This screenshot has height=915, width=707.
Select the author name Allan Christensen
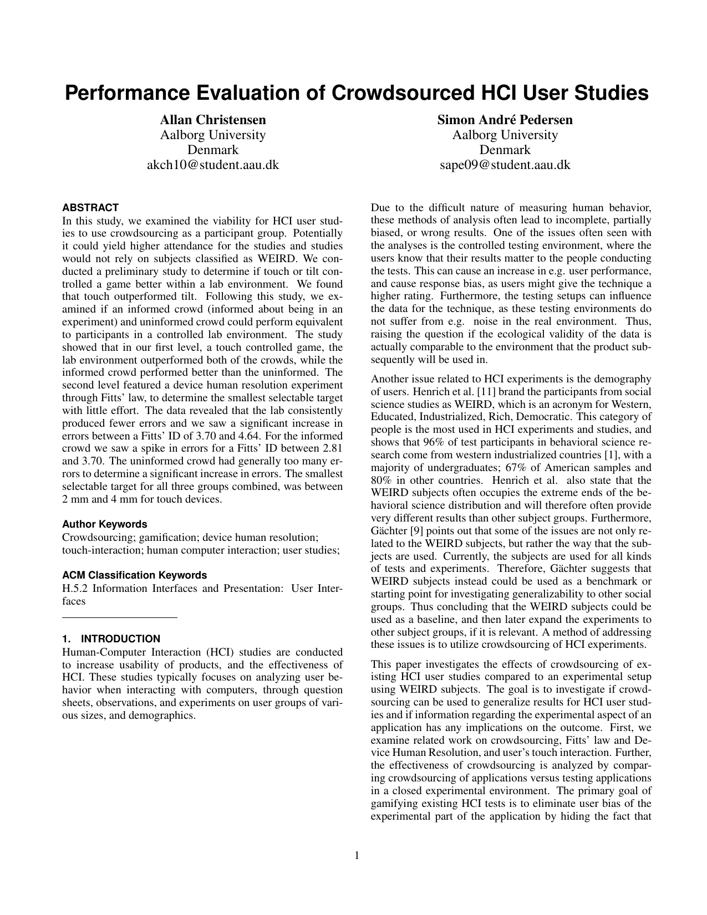(x=212, y=120)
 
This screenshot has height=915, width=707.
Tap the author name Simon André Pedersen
(x=505, y=120)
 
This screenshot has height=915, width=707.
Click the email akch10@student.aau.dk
(x=212, y=165)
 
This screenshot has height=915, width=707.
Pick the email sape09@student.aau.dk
(x=505, y=165)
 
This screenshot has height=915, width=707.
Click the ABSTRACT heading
(x=90, y=208)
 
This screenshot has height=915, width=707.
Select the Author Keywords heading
(x=105, y=524)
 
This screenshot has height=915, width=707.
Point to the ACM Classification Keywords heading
(x=135, y=575)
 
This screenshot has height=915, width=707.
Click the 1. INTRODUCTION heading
(x=111, y=639)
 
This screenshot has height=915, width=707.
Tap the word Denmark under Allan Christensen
(x=212, y=150)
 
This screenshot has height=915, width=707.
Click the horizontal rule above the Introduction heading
(x=120, y=617)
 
